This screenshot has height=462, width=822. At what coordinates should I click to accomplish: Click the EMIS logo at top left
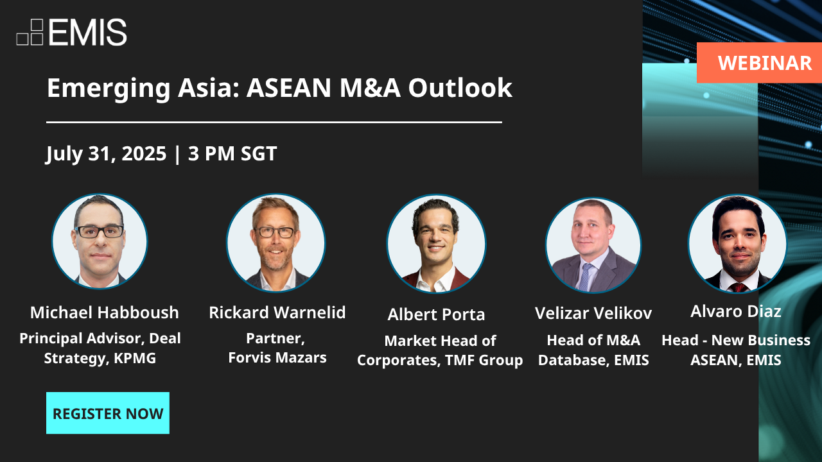72,32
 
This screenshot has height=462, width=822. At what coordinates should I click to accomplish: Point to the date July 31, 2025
106,154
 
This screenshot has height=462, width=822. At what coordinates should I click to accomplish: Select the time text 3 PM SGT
232,154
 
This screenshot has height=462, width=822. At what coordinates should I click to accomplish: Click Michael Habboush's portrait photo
100,242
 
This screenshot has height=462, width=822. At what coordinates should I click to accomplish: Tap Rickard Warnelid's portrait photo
275,243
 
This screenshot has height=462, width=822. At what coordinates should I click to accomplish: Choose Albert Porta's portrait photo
436,244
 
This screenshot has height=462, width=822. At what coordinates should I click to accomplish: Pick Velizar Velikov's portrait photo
593,245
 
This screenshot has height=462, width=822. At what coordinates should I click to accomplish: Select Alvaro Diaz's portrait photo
737,244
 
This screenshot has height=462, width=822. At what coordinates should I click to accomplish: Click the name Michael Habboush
104,313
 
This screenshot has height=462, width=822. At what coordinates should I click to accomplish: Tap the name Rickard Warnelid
277,312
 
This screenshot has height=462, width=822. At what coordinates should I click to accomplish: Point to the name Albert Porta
436,314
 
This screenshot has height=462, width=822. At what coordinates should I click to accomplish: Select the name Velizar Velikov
593,313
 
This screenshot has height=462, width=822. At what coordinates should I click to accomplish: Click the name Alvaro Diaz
736,312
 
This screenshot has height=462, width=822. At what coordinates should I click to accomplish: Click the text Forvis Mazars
277,357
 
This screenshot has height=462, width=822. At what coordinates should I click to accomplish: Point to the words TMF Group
491,361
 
